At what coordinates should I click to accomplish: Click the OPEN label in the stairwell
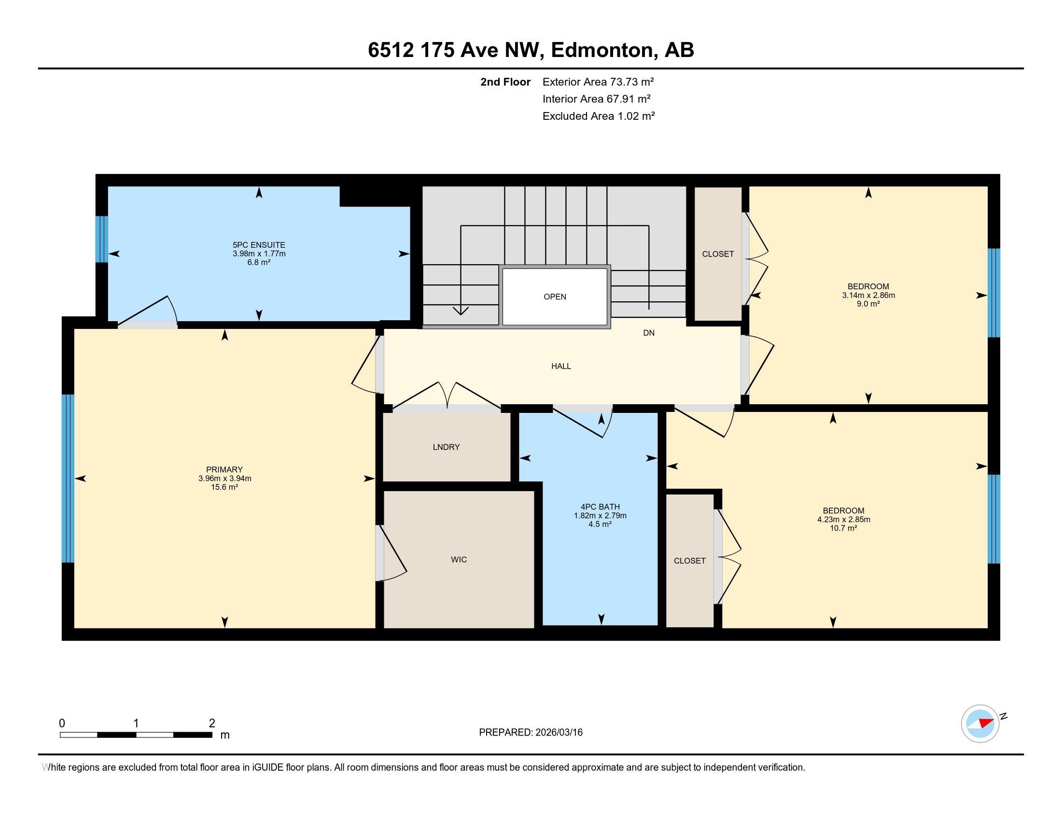coord(555,297)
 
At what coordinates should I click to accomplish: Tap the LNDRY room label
coord(446,447)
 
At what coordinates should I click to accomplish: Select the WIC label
coord(459,560)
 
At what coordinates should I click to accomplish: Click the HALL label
coord(560,366)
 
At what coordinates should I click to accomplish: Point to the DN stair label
coord(649,333)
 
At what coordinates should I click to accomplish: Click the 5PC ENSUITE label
coord(259,245)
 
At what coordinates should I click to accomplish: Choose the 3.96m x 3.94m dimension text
coord(224,479)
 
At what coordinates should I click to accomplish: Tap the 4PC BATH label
coord(600,507)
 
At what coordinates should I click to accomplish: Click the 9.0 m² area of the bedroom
coord(868,304)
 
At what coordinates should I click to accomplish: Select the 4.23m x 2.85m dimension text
coord(844,520)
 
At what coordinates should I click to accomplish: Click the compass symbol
coord(980,723)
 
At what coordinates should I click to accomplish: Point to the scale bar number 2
coord(212,723)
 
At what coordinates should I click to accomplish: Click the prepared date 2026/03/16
coord(558,733)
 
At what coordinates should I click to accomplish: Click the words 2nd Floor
coord(505,82)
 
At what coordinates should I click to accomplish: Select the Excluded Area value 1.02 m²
coord(636,116)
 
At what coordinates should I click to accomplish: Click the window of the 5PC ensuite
coord(101,239)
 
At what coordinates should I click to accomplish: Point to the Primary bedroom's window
coord(68,479)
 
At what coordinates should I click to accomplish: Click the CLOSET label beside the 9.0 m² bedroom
coord(718,254)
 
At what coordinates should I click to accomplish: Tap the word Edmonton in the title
coord(601,50)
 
